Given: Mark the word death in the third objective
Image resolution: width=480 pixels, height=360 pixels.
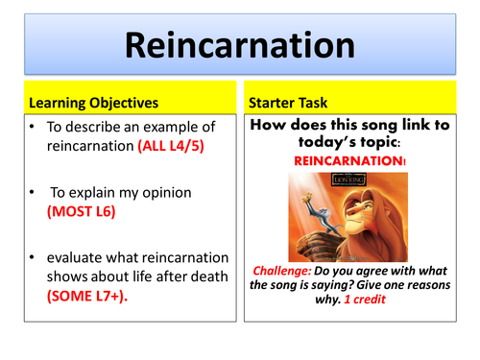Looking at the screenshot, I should point(206,278).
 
